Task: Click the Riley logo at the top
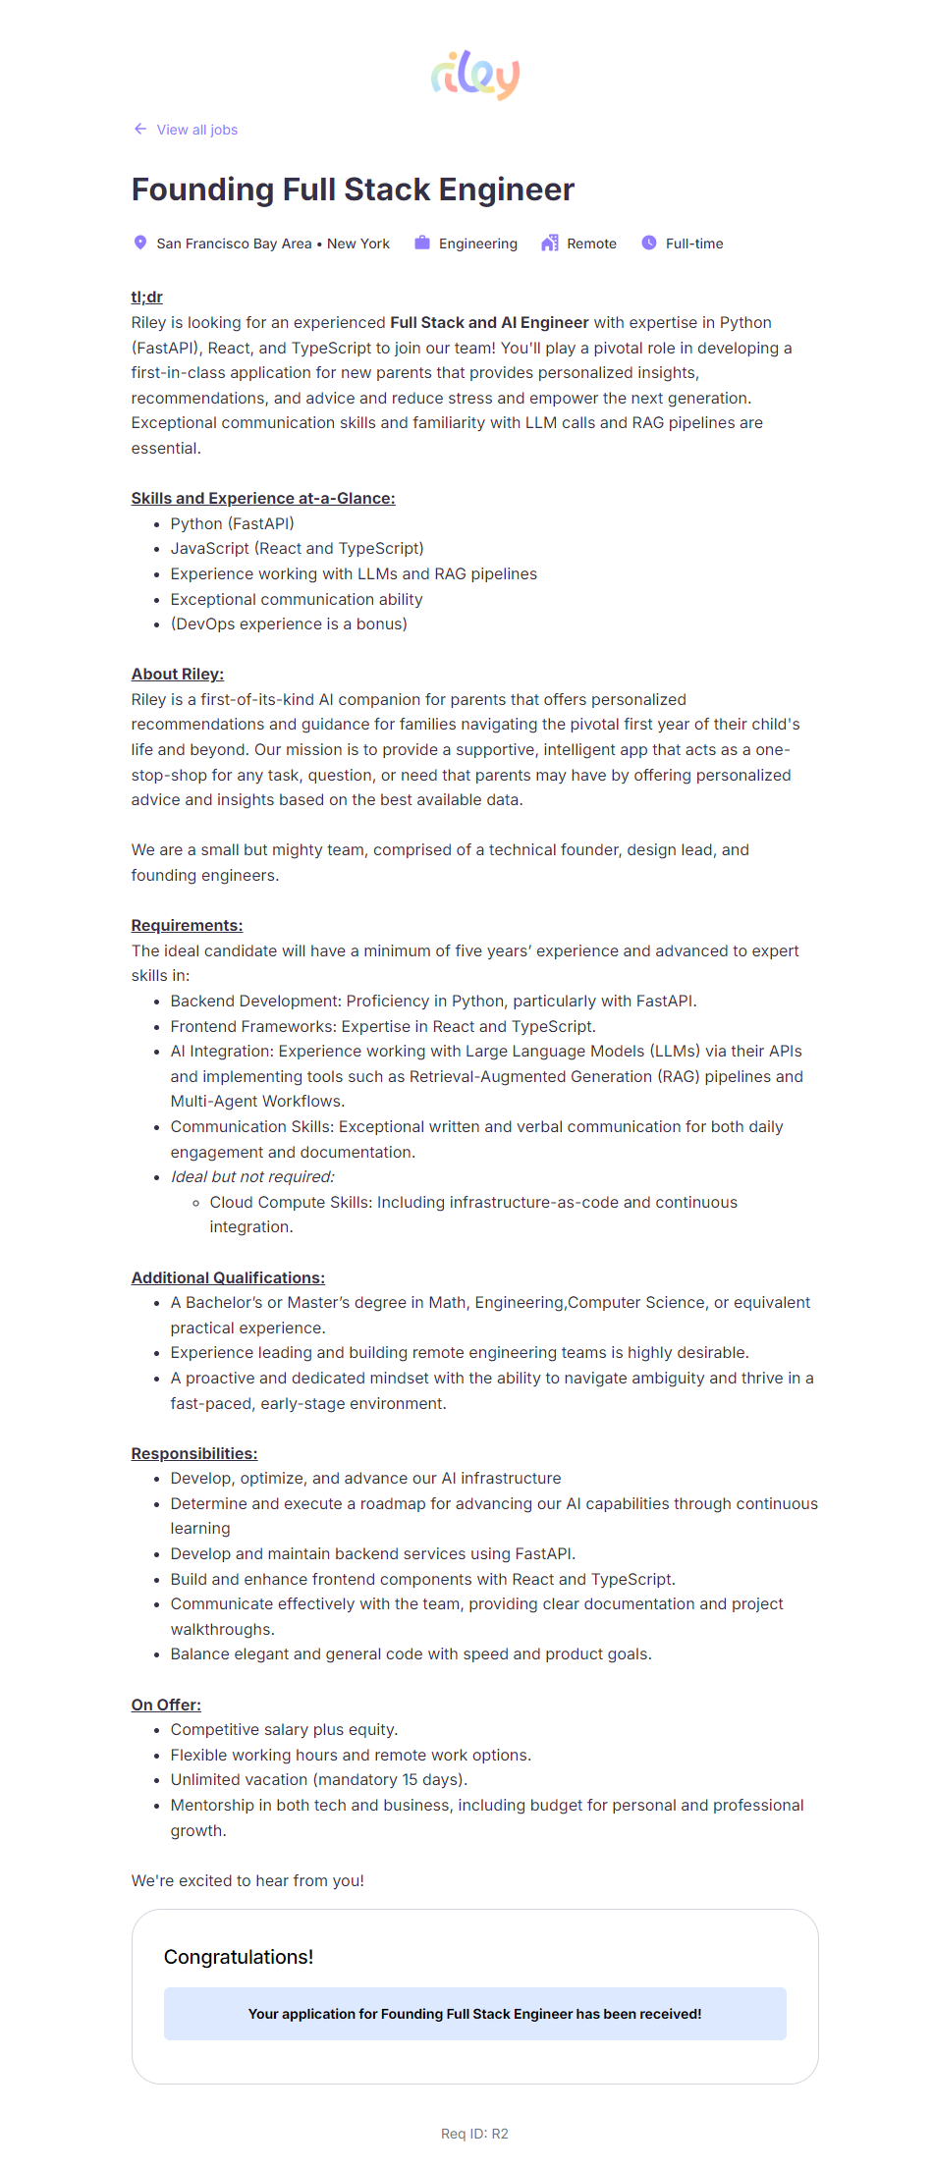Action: point(475,76)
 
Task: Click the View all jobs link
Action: point(196,130)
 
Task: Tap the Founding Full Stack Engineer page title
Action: point(353,190)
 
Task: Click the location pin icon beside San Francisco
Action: point(140,243)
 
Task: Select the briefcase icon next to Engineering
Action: point(422,243)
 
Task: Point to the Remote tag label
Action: point(591,244)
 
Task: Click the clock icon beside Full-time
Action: point(649,243)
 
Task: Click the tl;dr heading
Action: point(147,297)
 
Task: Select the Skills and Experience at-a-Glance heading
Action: point(263,498)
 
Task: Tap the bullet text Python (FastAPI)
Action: point(232,523)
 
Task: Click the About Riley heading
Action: point(178,674)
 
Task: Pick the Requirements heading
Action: point(187,925)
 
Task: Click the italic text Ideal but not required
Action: point(252,1176)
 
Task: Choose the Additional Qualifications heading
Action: point(228,1277)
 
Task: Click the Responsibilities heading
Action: point(194,1453)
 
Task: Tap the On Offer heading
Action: point(166,1705)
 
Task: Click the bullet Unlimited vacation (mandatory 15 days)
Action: point(318,1779)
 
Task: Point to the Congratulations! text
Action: point(239,1957)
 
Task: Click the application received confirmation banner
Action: point(474,2014)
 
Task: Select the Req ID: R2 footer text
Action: point(474,2134)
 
